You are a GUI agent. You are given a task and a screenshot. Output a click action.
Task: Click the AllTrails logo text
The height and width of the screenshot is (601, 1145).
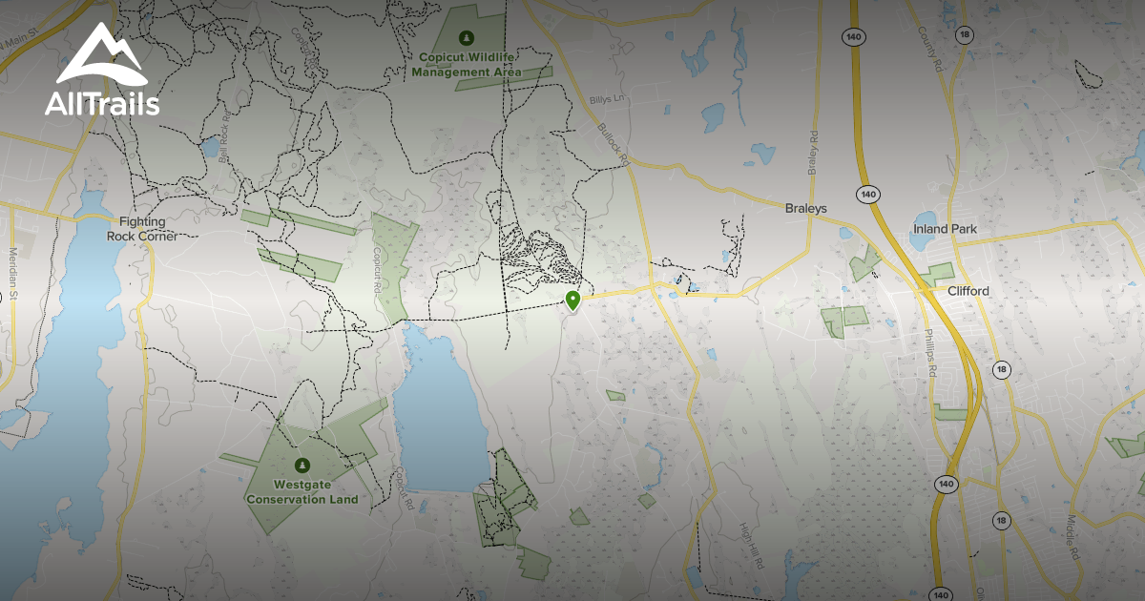(102, 104)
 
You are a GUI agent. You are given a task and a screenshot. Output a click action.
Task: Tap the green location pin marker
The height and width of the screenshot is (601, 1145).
(572, 301)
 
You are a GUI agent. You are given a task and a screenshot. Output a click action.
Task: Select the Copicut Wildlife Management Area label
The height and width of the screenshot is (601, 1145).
(468, 64)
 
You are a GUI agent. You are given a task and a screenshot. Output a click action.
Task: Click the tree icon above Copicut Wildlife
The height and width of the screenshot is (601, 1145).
(466, 38)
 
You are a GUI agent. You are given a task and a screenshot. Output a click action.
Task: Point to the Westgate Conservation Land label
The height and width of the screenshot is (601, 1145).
(302, 492)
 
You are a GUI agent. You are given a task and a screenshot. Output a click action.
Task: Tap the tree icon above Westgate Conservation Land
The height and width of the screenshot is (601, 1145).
(302, 466)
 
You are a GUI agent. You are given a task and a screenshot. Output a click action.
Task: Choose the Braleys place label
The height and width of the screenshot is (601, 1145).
(806, 208)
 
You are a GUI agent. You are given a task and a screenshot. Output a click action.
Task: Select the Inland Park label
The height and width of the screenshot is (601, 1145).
(944, 229)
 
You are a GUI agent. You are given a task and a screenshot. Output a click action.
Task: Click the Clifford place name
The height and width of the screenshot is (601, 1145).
(968, 291)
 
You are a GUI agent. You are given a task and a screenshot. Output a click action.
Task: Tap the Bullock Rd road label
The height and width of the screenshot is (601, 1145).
(614, 145)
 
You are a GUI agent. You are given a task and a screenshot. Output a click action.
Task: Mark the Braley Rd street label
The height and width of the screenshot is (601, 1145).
(814, 153)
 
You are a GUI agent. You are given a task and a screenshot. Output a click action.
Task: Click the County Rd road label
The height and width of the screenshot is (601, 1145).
(929, 48)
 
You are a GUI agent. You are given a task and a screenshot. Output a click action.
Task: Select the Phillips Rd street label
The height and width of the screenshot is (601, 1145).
(930, 353)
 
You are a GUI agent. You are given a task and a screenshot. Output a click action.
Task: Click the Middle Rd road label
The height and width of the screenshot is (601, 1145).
(1072, 539)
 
